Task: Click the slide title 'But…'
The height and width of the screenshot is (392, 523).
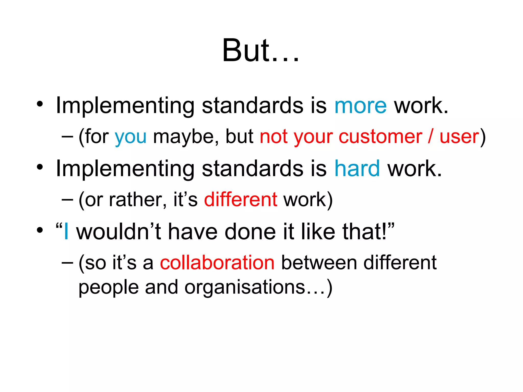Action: [260, 50]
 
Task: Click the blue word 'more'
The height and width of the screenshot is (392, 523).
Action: [360, 106]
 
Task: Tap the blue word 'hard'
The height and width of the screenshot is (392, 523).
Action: [357, 169]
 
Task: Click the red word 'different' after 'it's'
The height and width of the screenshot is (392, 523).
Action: [241, 200]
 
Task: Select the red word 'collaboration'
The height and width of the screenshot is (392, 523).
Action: [217, 263]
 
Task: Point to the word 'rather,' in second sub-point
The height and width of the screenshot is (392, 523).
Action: [138, 200]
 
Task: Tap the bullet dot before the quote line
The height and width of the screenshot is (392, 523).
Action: [40, 230]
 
